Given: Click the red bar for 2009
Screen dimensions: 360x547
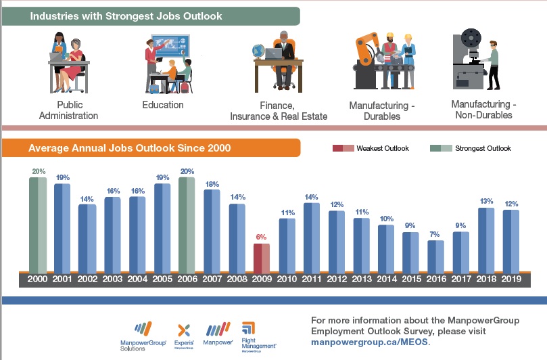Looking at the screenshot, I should tap(261, 258).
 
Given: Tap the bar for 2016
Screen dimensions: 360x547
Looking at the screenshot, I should tap(435, 256).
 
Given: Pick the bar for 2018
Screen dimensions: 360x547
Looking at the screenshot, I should tap(485, 239).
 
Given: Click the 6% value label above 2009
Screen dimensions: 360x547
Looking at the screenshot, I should tap(261, 238).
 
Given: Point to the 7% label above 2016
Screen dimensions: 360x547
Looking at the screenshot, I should tap(435, 234).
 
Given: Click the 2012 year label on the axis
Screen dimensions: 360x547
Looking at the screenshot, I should tap(336, 279).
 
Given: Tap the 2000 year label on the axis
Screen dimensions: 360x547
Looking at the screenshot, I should tap(37, 279).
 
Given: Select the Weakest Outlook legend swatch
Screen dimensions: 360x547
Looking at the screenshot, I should tap(343, 148).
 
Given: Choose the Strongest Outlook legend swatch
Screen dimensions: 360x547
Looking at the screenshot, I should tap(441, 148).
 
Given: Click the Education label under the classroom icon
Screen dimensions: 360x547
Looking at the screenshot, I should tap(163, 105).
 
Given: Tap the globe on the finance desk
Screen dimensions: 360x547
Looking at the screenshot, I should tap(258, 51).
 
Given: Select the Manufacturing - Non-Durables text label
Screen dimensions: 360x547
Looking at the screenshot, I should tap(483, 110).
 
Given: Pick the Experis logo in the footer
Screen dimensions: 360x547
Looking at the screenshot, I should tap(185, 334).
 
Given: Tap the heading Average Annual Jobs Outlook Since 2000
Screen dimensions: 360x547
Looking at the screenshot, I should tap(129, 148).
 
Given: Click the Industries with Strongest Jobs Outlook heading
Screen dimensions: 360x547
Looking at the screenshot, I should tap(126, 16).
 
